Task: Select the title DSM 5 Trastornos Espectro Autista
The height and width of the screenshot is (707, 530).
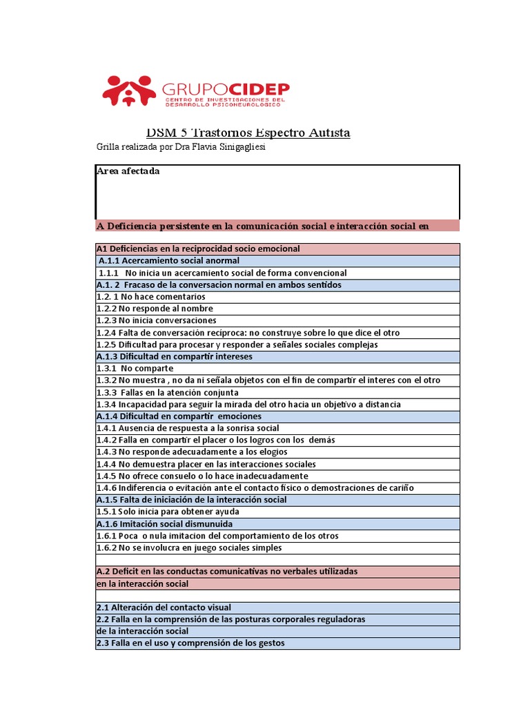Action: click(248, 133)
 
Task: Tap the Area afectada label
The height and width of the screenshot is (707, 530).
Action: click(128, 171)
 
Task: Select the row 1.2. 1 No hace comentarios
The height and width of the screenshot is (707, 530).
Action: click(151, 297)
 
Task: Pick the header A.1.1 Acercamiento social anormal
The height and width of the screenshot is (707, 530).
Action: click(169, 261)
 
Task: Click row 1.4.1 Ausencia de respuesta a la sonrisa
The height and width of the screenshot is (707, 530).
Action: click(188, 428)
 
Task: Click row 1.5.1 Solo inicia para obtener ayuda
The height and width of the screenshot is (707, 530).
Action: click(169, 512)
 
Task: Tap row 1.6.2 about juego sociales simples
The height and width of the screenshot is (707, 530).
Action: click(189, 548)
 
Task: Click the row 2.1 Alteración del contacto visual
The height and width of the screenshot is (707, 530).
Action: click(164, 608)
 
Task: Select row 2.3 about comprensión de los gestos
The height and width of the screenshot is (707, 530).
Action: click(190, 643)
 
